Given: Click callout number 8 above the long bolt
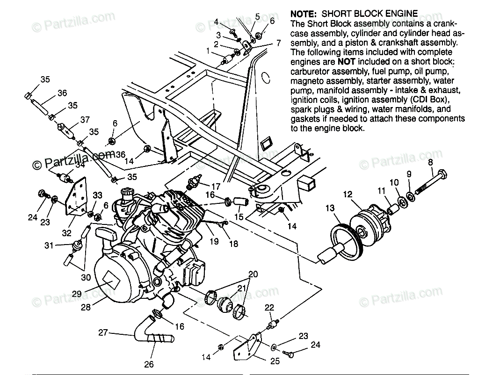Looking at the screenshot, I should click(x=430, y=163).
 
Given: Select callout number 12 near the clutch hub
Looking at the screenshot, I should click(x=347, y=193).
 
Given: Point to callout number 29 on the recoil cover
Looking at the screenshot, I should click(x=77, y=294).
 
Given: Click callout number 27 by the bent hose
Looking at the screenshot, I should click(x=103, y=333).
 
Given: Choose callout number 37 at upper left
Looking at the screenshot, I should click(x=85, y=120).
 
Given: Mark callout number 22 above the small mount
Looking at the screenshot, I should click(x=269, y=307).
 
